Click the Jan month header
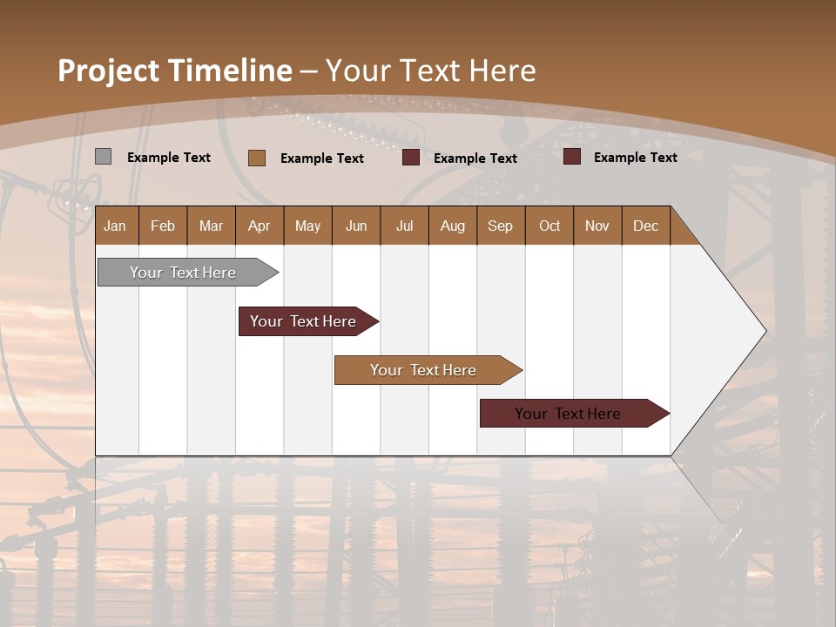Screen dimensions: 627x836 (x=115, y=226)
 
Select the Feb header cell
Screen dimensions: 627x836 (x=163, y=226)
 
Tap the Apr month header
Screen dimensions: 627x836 (x=259, y=226)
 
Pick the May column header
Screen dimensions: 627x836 (x=307, y=226)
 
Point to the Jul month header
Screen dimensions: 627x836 (x=404, y=226)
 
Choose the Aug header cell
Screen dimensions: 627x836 (x=452, y=226)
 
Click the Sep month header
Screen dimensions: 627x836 (x=500, y=226)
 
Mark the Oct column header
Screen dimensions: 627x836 (x=549, y=226)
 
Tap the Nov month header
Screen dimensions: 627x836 (x=597, y=226)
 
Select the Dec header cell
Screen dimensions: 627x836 (x=645, y=226)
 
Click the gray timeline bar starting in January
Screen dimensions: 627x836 (x=183, y=273)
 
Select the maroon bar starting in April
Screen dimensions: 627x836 (x=303, y=321)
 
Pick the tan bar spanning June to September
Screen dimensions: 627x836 (x=423, y=370)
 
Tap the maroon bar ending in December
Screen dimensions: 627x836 (x=568, y=414)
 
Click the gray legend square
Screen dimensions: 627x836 (x=103, y=157)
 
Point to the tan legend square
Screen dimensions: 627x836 (x=257, y=158)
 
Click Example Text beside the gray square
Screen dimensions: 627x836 (x=169, y=158)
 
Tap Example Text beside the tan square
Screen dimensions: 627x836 (x=322, y=158)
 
